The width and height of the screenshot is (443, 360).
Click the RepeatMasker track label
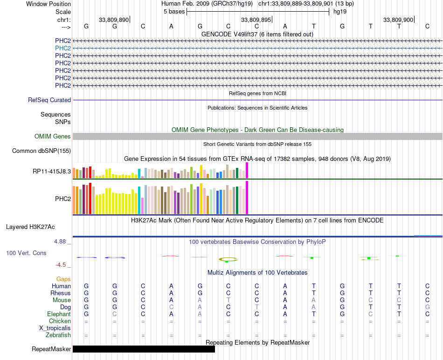tap(51, 349)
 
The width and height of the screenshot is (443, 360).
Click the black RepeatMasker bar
tap(144, 349)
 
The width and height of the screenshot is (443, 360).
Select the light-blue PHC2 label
tap(63, 48)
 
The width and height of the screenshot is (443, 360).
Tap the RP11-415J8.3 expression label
tap(52, 171)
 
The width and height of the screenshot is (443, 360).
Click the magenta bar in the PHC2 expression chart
tap(247, 198)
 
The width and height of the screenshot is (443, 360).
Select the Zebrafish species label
tap(58, 335)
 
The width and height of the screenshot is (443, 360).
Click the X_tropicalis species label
tap(55, 328)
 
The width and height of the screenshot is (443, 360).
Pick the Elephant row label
tap(59, 314)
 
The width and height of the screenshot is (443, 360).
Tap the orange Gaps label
tap(63, 279)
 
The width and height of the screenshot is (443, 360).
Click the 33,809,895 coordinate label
tap(256, 20)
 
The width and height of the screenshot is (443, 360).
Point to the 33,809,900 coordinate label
tap(398, 20)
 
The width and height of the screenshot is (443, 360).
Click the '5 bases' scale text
tap(174, 12)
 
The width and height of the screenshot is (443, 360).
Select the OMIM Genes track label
tap(53, 137)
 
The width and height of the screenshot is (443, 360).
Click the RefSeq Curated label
tap(49, 100)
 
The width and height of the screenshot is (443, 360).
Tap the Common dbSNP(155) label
tap(42, 151)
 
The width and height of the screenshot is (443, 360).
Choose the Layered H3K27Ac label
tap(30, 227)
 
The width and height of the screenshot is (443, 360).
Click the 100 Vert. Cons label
tap(26, 253)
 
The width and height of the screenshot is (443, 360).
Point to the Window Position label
tap(48, 4)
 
